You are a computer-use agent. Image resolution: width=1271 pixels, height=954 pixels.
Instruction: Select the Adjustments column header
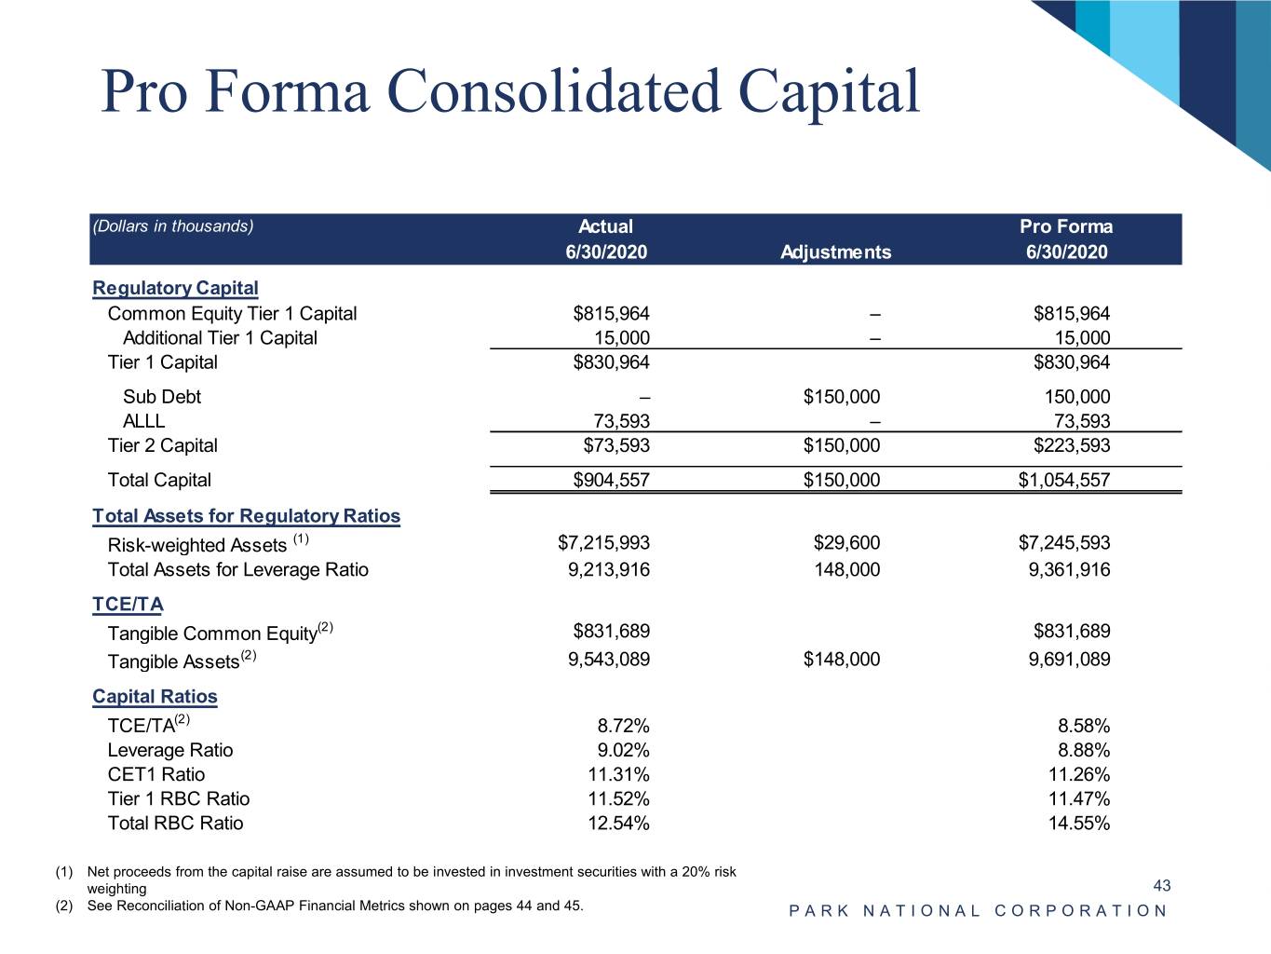[835, 252]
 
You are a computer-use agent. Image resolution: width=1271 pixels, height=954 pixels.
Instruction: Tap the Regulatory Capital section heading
[175, 288]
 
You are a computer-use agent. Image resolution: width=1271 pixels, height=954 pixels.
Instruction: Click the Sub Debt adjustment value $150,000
[841, 396]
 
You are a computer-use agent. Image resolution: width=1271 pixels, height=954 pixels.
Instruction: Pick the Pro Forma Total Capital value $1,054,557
[1063, 480]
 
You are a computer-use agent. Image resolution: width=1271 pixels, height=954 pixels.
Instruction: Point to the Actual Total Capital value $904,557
[611, 480]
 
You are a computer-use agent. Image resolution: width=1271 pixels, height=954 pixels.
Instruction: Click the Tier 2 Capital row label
[162, 445]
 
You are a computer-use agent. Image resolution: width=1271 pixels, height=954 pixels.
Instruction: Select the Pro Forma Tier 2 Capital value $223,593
[1071, 445]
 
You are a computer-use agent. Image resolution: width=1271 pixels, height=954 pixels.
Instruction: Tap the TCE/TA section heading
[128, 605]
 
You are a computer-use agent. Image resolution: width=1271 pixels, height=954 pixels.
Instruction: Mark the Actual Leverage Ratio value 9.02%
[623, 750]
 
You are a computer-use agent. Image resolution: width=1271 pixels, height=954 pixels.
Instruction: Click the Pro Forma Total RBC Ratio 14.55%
[1078, 823]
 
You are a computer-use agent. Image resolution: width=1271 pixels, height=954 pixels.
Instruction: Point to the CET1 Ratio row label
[155, 774]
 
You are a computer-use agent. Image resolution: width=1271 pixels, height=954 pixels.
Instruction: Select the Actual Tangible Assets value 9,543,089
[609, 659]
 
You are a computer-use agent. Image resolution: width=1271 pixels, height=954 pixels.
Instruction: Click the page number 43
[1161, 885]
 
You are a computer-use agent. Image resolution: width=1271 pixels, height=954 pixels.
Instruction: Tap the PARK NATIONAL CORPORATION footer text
[978, 910]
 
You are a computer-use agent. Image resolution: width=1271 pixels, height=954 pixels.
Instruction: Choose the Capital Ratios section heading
[155, 696]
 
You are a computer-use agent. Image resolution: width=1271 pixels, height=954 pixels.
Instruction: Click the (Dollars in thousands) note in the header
[173, 226]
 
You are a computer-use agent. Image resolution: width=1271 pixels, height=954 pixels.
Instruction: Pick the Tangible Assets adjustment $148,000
[841, 659]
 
